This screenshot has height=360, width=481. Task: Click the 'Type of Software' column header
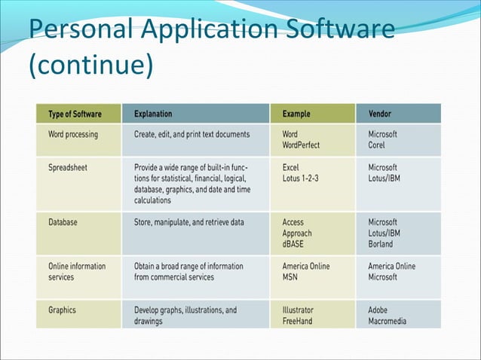pyautogui.click(x=75, y=114)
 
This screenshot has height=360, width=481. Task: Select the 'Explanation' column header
pyautogui.click(x=153, y=114)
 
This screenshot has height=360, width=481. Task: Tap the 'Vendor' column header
pyautogui.click(x=380, y=114)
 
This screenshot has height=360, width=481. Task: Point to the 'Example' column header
pyautogui.click(x=297, y=114)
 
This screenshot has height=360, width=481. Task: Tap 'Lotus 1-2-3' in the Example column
pyautogui.click(x=303, y=178)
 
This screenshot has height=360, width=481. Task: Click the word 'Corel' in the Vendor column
pyautogui.click(x=377, y=145)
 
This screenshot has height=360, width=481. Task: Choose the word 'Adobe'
pyautogui.click(x=379, y=310)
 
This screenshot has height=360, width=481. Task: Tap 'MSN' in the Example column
pyautogui.click(x=291, y=277)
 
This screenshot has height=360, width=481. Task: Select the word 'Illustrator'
pyautogui.click(x=298, y=310)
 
